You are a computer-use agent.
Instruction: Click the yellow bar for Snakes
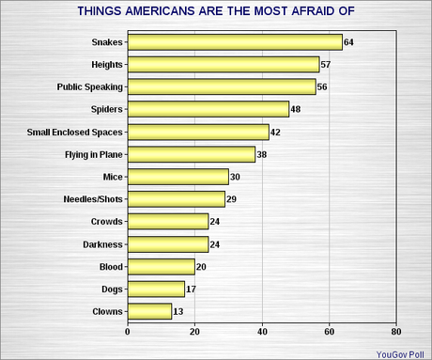[234, 41]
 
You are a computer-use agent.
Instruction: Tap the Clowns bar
[148, 311]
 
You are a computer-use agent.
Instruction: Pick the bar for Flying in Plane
[191, 154]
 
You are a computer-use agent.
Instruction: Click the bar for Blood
[161, 266]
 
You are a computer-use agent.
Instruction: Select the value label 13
[178, 311]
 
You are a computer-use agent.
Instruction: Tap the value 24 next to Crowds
[216, 222]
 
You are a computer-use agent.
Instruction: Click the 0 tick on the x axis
[127, 332]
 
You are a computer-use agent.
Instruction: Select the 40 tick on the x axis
[262, 332]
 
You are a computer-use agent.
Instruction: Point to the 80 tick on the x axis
[396, 332]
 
